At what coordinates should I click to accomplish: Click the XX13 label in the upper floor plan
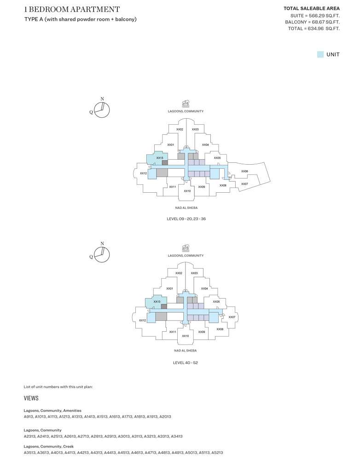(160, 158)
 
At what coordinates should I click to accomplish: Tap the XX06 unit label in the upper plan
(244, 171)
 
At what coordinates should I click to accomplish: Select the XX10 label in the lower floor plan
(185, 336)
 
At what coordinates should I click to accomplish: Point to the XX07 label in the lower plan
(232, 317)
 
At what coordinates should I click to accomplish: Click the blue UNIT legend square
(320, 54)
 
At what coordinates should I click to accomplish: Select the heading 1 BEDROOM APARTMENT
(72, 9)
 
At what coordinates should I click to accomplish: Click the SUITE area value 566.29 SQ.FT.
(324, 16)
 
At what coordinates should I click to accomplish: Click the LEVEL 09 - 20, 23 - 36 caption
(186, 219)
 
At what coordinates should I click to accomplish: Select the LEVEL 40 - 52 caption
(185, 362)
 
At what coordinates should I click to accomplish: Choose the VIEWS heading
(31, 398)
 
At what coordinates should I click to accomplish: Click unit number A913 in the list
(29, 416)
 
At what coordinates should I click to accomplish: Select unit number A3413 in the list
(177, 436)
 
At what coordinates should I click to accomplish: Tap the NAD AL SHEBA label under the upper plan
(186, 208)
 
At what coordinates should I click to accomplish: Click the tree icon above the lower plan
(185, 248)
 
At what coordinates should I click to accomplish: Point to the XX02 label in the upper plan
(180, 129)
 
